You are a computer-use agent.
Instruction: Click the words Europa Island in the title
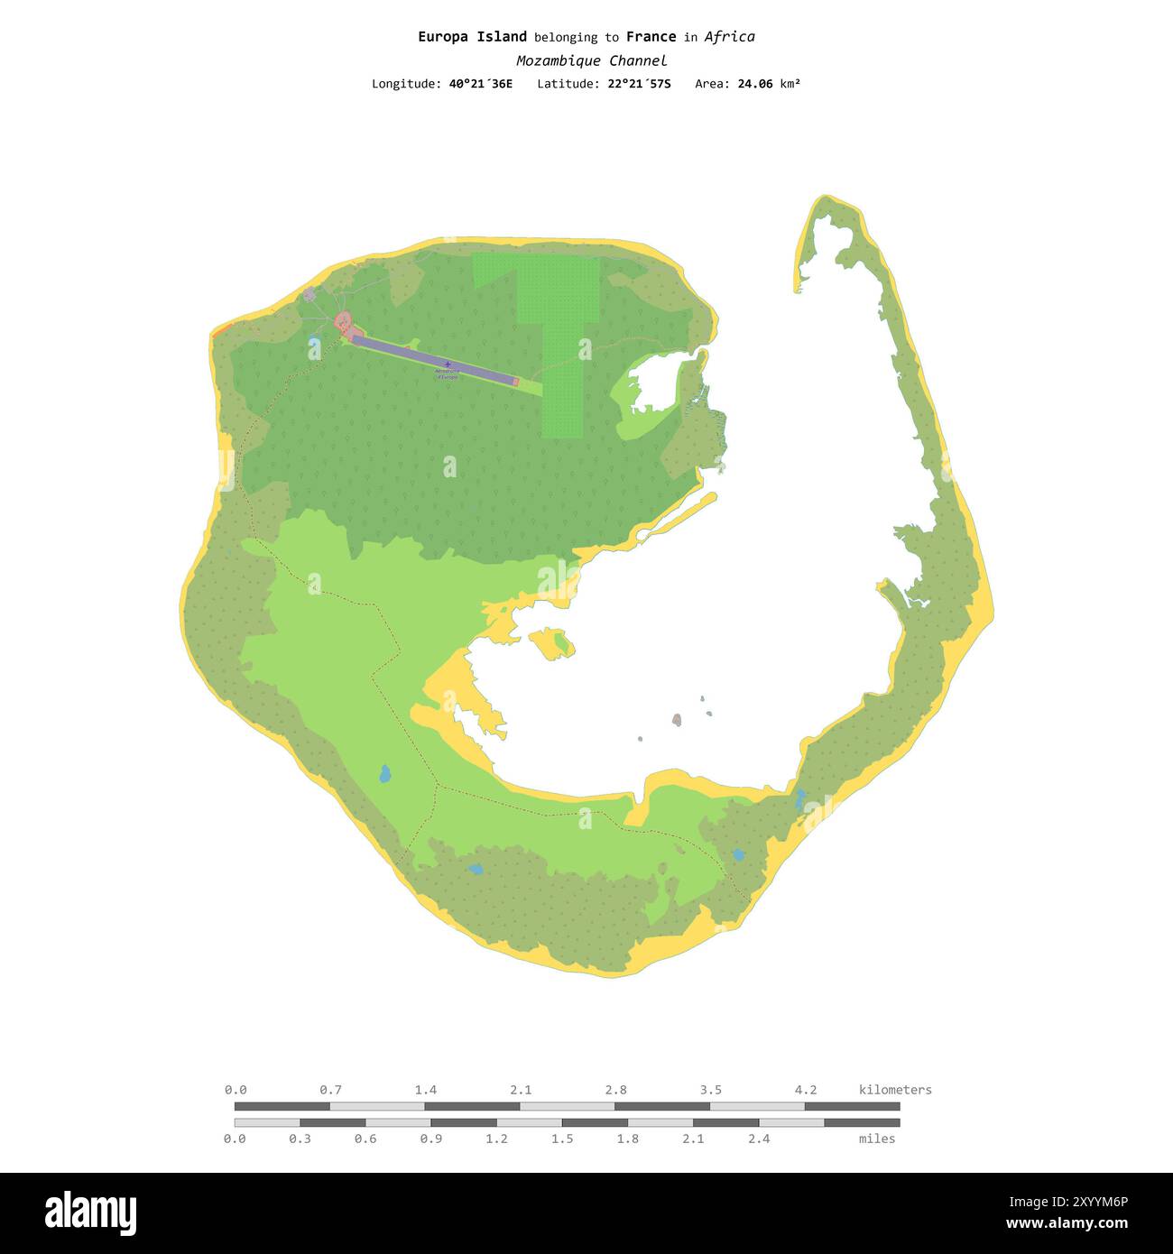pos(472,37)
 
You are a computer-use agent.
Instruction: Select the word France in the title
pos(651,37)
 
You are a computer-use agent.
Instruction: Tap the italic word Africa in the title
pos(729,37)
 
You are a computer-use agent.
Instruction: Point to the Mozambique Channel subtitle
pos(591,61)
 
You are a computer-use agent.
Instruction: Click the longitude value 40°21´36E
pos(480,84)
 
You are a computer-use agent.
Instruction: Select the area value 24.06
pos(755,84)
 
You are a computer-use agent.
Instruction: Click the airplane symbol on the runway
pos(448,364)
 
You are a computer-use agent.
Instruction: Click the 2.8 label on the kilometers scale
pos(616,1090)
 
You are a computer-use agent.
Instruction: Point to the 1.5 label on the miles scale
pos(562,1139)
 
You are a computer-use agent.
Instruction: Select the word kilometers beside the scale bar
pos(895,1090)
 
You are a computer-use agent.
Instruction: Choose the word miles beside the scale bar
pos(877,1139)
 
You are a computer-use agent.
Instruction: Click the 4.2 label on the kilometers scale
pos(806,1090)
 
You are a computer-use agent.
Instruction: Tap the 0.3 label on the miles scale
pos(300,1139)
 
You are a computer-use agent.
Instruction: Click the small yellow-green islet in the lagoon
pos(552,642)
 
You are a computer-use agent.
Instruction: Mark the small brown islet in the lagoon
pos(677,720)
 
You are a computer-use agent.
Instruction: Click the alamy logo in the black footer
pos(90,1213)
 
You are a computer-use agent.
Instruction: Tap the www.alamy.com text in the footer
pos(1067,1224)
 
